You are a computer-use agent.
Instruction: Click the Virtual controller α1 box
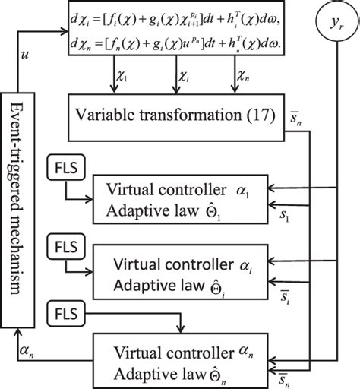[x=178, y=198]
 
